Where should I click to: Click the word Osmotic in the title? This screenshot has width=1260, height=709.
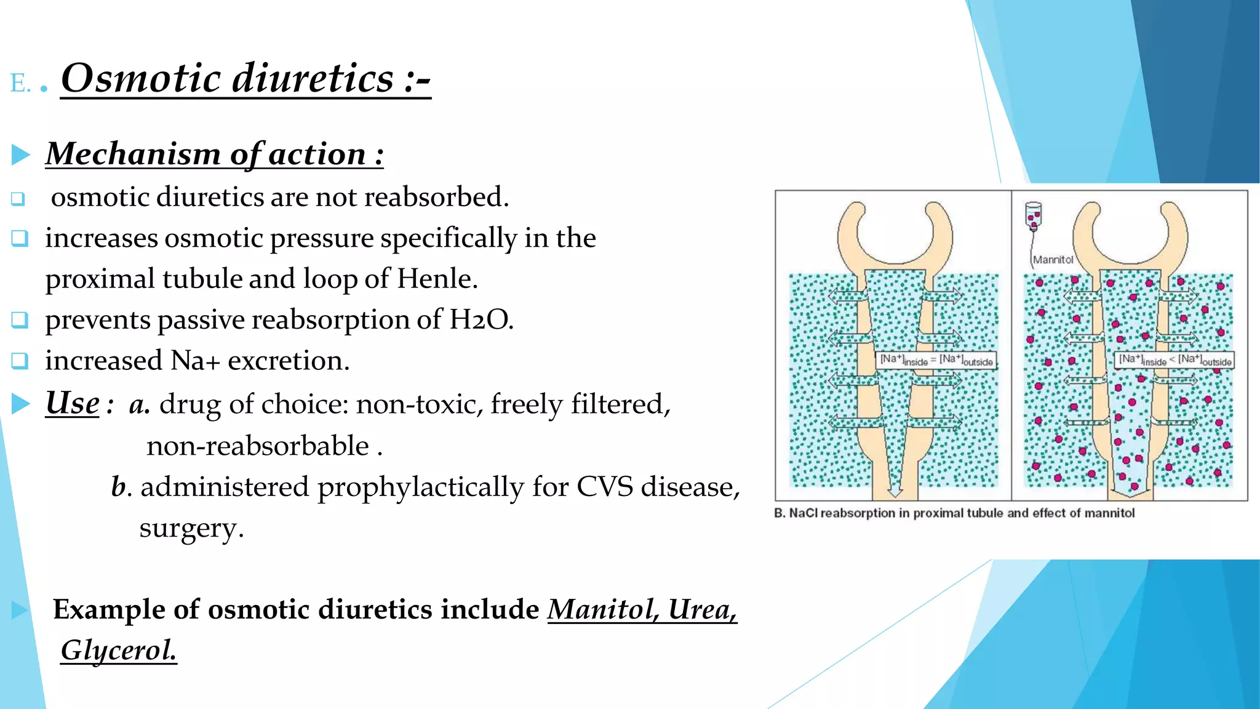140,79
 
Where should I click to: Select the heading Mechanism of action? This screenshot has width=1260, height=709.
214,154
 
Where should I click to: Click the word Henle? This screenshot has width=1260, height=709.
437,279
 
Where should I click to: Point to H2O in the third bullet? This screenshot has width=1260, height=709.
480,320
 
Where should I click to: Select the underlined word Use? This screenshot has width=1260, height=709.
72,404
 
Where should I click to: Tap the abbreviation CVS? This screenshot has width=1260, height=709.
604,487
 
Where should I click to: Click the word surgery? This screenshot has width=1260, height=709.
191,528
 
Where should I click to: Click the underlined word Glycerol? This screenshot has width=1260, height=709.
119,650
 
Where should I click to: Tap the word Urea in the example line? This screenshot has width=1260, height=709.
702,609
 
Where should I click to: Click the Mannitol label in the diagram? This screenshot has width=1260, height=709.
1053,260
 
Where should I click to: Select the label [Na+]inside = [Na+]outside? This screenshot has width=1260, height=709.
936,360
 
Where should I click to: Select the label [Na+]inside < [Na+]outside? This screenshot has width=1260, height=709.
1174,360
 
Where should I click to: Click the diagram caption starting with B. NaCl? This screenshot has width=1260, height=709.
954,513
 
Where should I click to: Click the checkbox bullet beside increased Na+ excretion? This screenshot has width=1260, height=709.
20,361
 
